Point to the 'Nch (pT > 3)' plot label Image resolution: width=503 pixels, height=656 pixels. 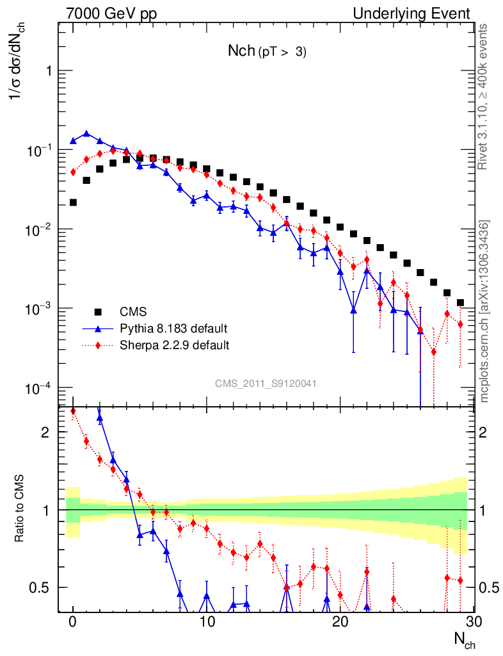click(x=267, y=52)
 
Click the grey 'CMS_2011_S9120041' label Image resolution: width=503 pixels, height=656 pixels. click(x=266, y=383)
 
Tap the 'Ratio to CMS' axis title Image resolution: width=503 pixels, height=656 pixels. click(x=20, y=509)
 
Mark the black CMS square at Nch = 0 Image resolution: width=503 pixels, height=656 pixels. click(x=73, y=202)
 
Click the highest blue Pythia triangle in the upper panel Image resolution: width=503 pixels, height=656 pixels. click(x=86, y=134)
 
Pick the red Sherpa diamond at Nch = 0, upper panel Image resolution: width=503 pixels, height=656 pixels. click(x=73, y=172)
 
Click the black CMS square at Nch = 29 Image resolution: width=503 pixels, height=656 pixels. click(x=460, y=302)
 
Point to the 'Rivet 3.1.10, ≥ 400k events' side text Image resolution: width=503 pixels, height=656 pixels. click(x=484, y=96)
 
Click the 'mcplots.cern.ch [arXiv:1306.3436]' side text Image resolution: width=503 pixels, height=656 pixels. click(x=484, y=311)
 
